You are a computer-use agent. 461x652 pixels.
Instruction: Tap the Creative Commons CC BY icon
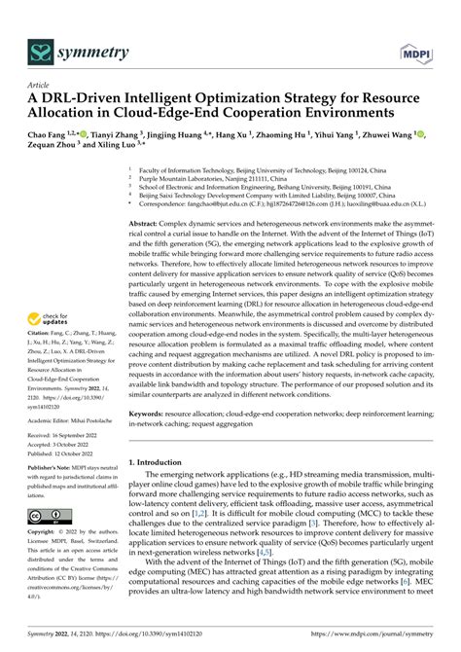pyautogui.click(x=48, y=513)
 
